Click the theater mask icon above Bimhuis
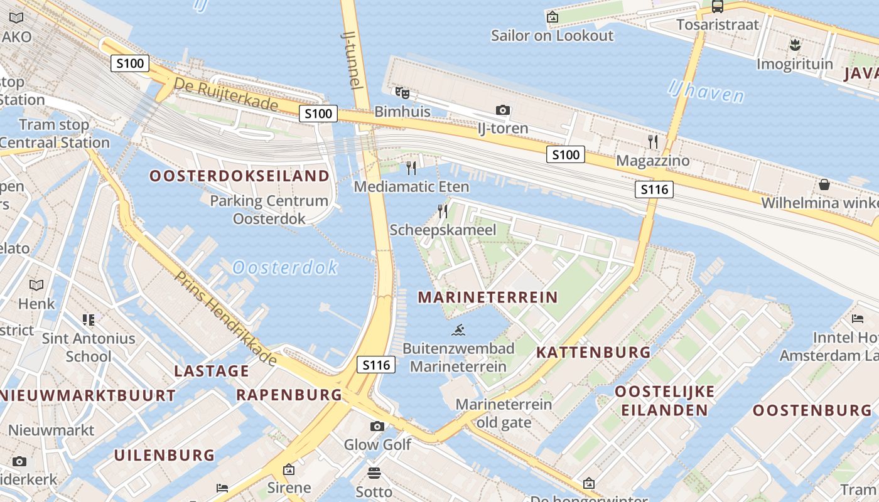pyautogui.click(x=402, y=93)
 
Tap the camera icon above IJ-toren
pyautogui.click(x=502, y=110)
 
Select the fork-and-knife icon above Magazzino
pyautogui.click(x=653, y=141)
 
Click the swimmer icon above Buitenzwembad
pyautogui.click(x=458, y=329)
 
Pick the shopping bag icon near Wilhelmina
pyautogui.click(x=824, y=184)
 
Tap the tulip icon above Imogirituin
pyautogui.click(x=795, y=45)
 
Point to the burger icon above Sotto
pyautogui.click(x=374, y=473)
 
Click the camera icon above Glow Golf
pyautogui.click(x=377, y=427)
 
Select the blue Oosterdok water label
pyautogui.click(x=285, y=268)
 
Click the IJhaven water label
pyautogui.click(x=706, y=91)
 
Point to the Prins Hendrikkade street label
pyautogui.click(x=225, y=319)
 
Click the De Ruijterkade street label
pyautogui.click(x=225, y=94)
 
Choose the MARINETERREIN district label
pyautogui.click(x=488, y=297)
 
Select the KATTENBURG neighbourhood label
pyautogui.click(x=593, y=353)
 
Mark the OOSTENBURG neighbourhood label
pyautogui.click(x=812, y=410)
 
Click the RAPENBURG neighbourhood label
pyautogui.click(x=289, y=395)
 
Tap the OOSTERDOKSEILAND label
pyautogui.click(x=239, y=176)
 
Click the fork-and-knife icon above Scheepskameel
pyautogui.click(x=443, y=211)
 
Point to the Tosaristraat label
pyautogui.click(x=718, y=25)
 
